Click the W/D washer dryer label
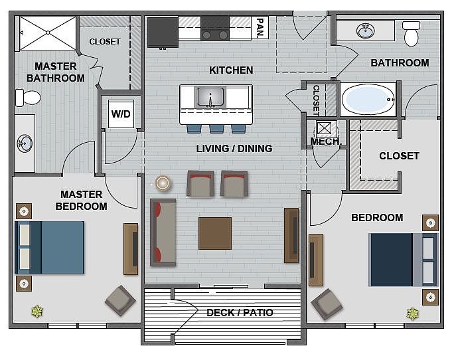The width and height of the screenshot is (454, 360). pos(121,114)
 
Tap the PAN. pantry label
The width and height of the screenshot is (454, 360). pos(260,27)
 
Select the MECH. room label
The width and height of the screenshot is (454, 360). pos(326,141)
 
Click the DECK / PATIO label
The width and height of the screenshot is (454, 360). pos(240,312)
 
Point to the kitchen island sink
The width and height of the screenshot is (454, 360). pos(210,97)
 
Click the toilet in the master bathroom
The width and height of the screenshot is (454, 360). pos(28,98)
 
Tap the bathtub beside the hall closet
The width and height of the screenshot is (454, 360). pos(368,100)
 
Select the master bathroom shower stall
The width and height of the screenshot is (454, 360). pos(48,33)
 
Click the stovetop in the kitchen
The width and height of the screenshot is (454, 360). pos(215,29)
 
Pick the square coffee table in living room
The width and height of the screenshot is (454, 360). pos(215,233)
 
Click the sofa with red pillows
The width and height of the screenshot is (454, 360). pos(163,232)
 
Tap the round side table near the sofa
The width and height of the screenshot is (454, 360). pos(163,183)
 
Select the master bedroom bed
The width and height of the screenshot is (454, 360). pos(50,248)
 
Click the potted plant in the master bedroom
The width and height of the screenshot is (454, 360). pos(37,311)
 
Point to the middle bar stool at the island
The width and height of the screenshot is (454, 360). pos(216,129)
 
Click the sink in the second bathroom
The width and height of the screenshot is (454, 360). pos(366,31)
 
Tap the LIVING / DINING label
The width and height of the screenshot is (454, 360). pos(234,148)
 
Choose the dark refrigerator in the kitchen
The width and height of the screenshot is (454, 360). pos(163,32)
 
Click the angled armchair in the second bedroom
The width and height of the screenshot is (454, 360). pos(327,304)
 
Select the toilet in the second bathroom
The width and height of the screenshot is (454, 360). pos(411,34)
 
